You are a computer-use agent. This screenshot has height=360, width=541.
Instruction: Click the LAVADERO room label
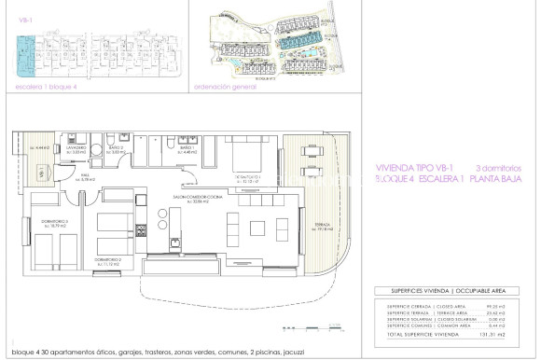click(x=76, y=147)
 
